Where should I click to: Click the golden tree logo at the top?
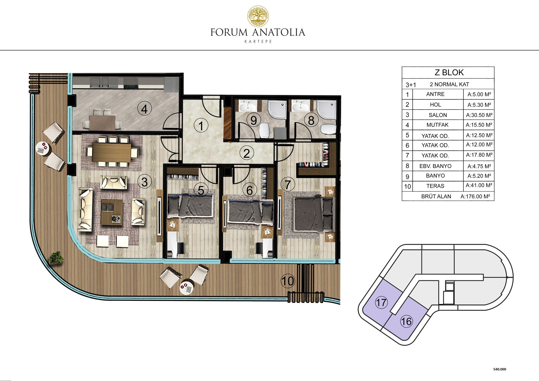point(258,16)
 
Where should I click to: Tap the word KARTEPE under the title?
point(258,42)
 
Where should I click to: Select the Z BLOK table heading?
point(449,72)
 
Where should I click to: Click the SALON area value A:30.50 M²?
point(479,115)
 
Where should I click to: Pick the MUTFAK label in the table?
point(437,125)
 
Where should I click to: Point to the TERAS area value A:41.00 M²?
point(479,185)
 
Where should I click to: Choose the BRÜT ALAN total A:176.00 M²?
point(475,196)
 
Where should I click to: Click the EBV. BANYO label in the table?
point(435,166)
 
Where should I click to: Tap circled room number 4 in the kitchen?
point(145,109)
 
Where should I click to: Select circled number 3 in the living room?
point(145,182)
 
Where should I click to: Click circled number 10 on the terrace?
point(288,281)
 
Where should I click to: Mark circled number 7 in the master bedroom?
point(288,184)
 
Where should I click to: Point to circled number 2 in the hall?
point(247,153)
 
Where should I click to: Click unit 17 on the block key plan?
point(381,302)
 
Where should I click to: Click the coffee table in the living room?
point(112,212)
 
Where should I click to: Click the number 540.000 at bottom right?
point(500,369)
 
